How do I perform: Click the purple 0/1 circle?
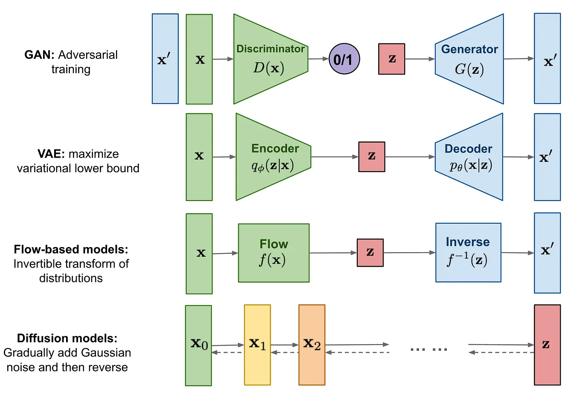click(x=344, y=59)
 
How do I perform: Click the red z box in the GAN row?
click(x=391, y=59)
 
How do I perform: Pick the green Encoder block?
click(x=273, y=157)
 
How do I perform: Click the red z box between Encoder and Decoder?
click(x=371, y=157)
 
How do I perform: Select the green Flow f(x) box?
click(x=273, y=253)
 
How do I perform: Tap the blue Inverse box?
click(x=468, y=253)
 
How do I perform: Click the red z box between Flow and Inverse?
click(x=370, y=253)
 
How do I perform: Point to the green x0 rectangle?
click(x=198, y=345)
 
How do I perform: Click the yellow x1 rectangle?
click(x=257, y=345)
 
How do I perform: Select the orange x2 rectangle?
click(x=312, y=345)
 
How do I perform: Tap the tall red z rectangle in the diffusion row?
click(x=547, y=345)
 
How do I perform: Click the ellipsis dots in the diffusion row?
click(x=428, y=349)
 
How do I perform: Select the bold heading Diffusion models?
click(x=67, y=338)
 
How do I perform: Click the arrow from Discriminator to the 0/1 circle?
click(x=318, y=59)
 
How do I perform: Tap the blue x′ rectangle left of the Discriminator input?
click(x=165, y=59)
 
